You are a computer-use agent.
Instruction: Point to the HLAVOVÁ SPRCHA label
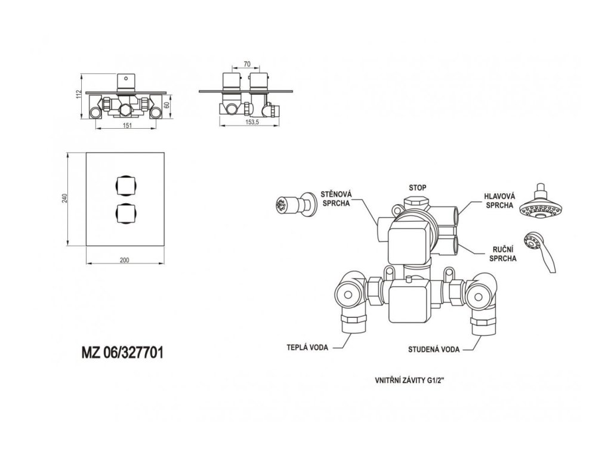(500, 200)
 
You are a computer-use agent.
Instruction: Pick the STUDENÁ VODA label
(434, 349)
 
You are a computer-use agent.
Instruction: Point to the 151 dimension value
(126, 125)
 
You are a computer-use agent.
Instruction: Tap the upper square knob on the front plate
(125, 185)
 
